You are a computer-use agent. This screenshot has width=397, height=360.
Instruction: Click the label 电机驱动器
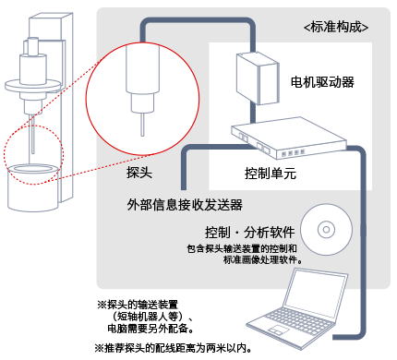point(322,82)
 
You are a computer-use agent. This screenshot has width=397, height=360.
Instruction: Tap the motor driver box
point(258,78)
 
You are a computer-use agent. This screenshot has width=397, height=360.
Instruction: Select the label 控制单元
point(271,174)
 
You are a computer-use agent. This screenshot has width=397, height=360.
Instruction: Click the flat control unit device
point(289,138)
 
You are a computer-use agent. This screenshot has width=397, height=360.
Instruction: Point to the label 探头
point(139,173)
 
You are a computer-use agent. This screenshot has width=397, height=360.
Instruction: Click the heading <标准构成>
point(336,27)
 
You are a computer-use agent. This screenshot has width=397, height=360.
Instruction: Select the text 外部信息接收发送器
point(185,205)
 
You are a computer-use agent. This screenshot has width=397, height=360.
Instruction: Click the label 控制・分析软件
point(250,233)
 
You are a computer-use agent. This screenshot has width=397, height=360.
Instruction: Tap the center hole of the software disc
point(326,230)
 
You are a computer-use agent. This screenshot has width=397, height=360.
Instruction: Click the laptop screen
point(316,294)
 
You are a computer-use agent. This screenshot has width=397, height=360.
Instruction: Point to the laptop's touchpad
point(278,330)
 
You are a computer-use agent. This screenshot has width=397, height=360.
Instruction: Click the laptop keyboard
point(297,320)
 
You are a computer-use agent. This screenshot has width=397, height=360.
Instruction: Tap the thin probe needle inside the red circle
point(142,125)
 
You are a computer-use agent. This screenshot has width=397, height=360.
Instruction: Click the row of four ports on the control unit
point(293,153)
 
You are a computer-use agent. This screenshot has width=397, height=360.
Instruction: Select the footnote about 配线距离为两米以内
point(174,348)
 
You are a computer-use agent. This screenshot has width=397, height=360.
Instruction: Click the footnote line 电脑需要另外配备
point(150,329)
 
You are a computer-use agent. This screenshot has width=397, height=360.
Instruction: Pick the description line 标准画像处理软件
point(263,259)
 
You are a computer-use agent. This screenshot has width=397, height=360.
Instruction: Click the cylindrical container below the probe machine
point(33,187)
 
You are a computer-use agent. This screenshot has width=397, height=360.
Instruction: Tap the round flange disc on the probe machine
point(32,86)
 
